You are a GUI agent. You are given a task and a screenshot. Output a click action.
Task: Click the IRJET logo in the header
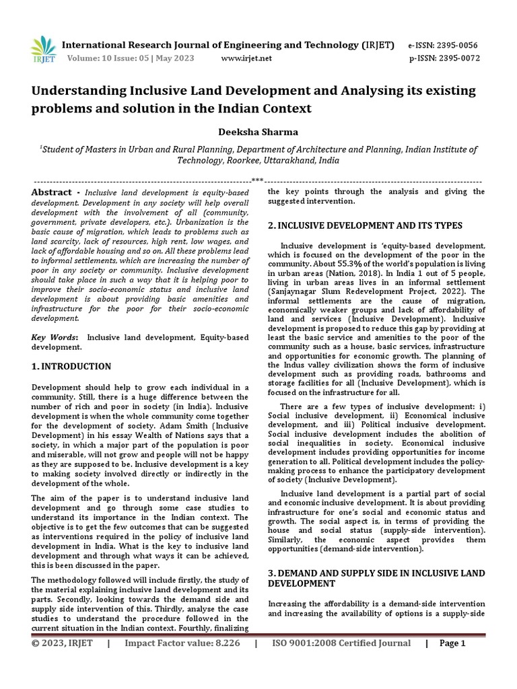[x=42, y=49]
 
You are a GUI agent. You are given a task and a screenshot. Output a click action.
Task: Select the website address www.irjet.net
[x=246, y=58]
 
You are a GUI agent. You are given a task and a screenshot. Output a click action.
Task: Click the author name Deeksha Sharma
[x=258, y=131]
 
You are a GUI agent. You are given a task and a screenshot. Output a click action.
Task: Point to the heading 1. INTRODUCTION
[x=72, y=367]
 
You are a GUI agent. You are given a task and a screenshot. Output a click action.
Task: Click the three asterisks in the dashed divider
[x=257, y=180]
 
